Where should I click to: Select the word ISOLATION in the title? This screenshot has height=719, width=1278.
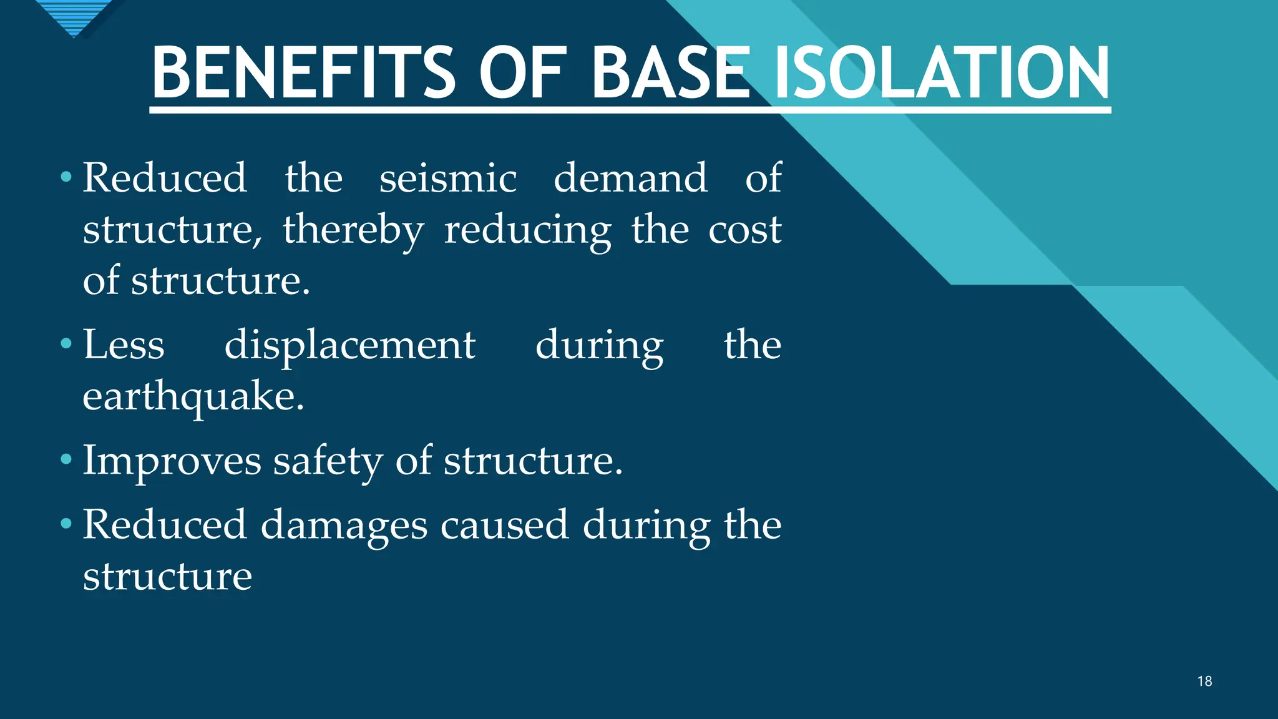pyautogui.click(x=941, y=73)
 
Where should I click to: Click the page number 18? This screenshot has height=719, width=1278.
pyautogui.click(x=1204, y=682)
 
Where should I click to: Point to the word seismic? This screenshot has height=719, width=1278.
pyautogui.click(x=448, y=178)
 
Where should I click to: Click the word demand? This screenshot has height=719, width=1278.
pyautogui.click(x=630, y=178)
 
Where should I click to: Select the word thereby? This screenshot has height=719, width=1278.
pyautogui.click(x=353, y=230)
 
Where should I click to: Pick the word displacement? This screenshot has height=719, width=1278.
pyautogui.click(x=349, y=345)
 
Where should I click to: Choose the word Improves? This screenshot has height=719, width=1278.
pyautogui.click(x=172, y=461)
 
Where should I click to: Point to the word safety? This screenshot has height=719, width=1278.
pyautogui.click(x=328, y=461)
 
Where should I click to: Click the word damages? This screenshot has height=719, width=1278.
pyautogui.click(x=344, y=525)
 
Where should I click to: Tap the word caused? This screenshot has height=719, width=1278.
pyautogui.click(x=504, y=525)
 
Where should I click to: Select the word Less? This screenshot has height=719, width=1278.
pyautogui.click(x=124, y=345)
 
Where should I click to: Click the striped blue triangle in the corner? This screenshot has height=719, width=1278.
pyautogui.click(x=74, y=16)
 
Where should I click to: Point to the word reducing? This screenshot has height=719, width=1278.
pyautogui.click(x=527, y=230)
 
